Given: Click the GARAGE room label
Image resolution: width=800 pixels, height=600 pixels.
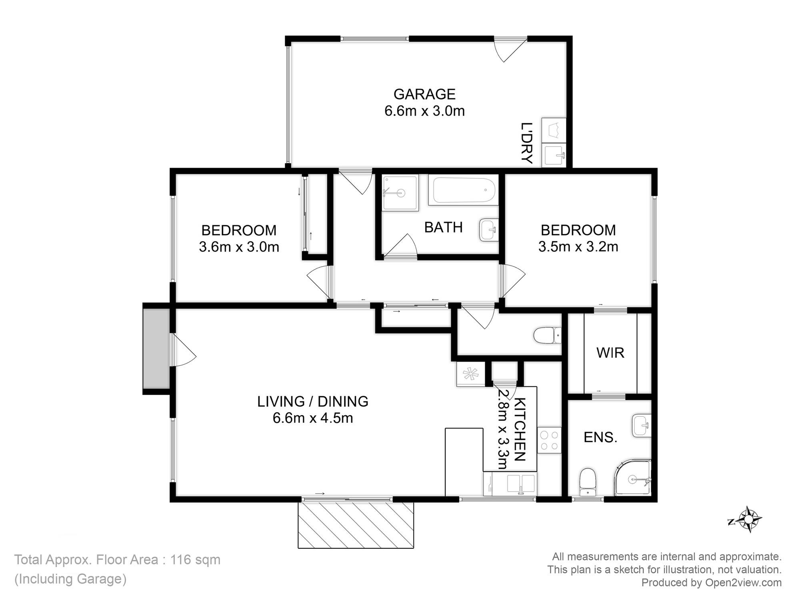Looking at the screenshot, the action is (x=424, y=94).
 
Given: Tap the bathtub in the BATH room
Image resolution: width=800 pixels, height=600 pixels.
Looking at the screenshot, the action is (x=463, y=191).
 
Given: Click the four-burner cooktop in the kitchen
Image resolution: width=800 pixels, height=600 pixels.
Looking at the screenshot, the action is (x=549, y=440).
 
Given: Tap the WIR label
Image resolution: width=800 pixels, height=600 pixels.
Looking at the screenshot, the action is (x=610, y=353).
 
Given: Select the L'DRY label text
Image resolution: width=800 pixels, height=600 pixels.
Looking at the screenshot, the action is (x=527, y=143).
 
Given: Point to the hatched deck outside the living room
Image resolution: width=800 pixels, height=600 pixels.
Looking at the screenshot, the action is (x=356, y=525).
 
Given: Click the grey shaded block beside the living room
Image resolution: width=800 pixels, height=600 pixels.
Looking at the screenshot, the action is (x=157, y=348).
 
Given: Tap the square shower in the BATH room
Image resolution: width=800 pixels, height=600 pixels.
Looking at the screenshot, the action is (x=400, y=192).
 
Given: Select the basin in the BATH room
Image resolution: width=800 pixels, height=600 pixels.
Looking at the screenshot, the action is (x=488, y=230).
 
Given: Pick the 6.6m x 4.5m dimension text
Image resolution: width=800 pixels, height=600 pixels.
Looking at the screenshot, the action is (x=313, y=418).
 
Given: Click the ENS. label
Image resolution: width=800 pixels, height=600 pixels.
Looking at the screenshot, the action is (x=600, y=437).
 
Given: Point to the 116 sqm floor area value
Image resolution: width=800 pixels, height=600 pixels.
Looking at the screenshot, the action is (x=195, y=560).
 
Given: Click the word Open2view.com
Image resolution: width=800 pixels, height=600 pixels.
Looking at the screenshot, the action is (x=743, y=583).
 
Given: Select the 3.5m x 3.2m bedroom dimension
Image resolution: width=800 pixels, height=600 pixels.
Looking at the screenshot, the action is (x=578, y=247).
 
